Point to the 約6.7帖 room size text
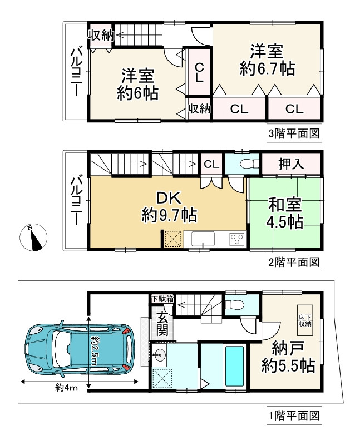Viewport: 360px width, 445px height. point(267,69)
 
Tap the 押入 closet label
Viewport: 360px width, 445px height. point(291,164)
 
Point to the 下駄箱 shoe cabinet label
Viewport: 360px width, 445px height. point(162,299)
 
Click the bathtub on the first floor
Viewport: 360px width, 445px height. point(234,367)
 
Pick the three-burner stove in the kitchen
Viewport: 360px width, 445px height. point(236,240)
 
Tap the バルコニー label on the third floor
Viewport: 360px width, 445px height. point(76,71)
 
